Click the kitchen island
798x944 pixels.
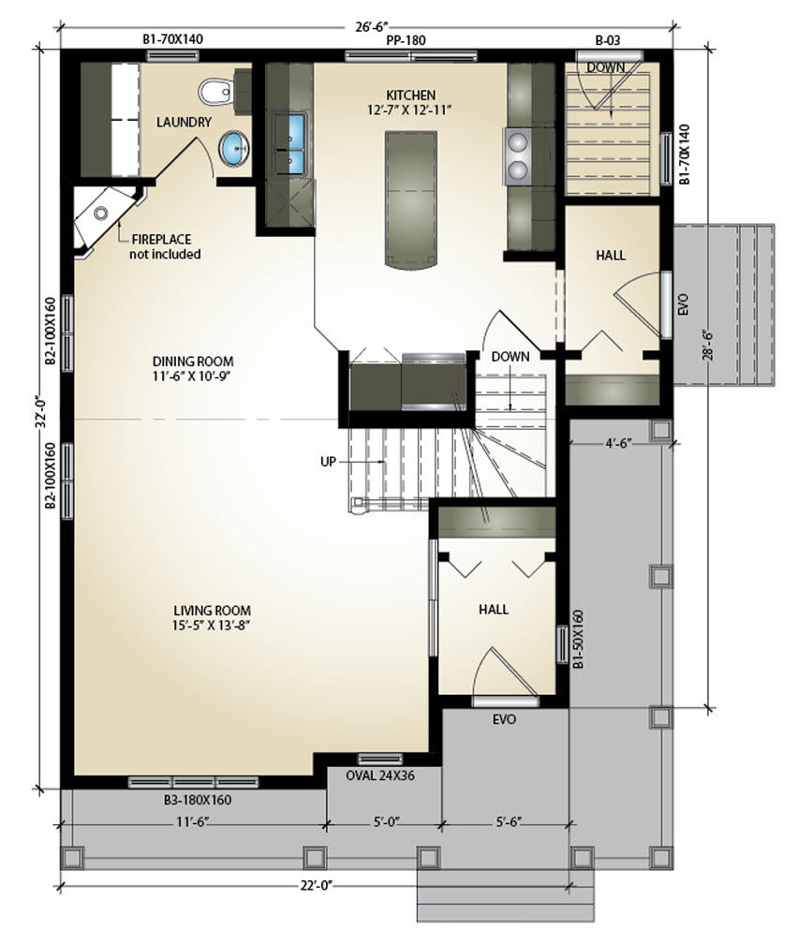(411, 199)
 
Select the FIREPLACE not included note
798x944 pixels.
(165, 247)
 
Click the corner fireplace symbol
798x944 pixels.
(104, 216)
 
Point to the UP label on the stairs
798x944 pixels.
(328, 462)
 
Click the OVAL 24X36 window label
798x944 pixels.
(380, 774)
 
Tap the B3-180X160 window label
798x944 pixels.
(198, 800)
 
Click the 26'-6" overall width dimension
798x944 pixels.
(367, 26)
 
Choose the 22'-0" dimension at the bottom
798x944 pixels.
(317, 885)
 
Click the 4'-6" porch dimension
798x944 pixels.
(618, 444)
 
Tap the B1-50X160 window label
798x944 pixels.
(578, 639)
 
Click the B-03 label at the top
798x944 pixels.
(608, 41)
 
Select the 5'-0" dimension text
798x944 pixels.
(386, 821)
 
